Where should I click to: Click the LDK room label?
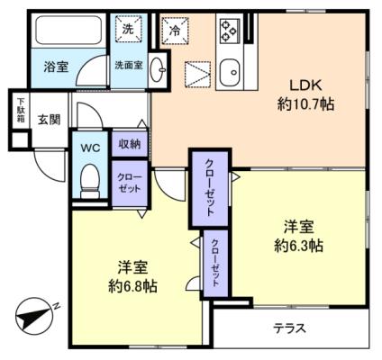click(x=305, y=85)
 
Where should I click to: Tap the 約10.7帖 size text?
click(x=305, y=104)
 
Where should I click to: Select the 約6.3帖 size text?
click(x=298, y=246)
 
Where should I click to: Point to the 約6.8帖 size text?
click(x=132, y=286)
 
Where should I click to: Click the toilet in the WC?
click(x=90, y=181)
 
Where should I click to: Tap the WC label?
click(x=90, y=148)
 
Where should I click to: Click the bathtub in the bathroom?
click(x=68, y=30)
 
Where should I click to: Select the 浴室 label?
click(x=56, y=67)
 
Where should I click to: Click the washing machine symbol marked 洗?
click(x=129, y=29)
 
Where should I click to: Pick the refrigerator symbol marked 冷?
click(x=175, y=31)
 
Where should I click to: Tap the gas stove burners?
click(x=229, y=31)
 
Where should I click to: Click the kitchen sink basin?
click(x=230, y=72)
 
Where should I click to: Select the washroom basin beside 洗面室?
click(x=157, y=70)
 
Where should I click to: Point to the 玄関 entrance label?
click(x=49, y=120)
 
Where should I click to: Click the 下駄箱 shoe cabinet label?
click(x=21, y=110)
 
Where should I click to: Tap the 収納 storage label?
click(x=130, y=144)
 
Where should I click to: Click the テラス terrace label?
click(x=289, y=328)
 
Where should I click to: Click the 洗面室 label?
click(x=129, y=65)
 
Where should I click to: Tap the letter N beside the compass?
click(x=56, y=306)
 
